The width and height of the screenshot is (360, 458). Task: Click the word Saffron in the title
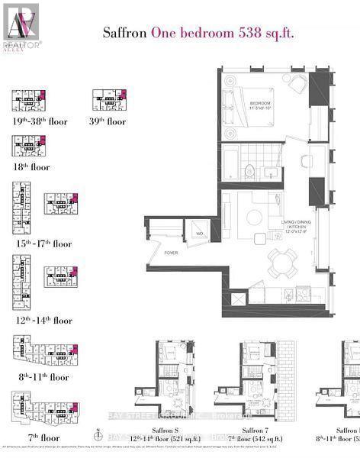pyautogui.click(x=124, y=34)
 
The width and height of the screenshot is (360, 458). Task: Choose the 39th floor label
pyautogui.click(x=109, y=121)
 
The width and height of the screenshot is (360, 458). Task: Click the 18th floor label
pyautogui.click(x=31, y=166)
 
